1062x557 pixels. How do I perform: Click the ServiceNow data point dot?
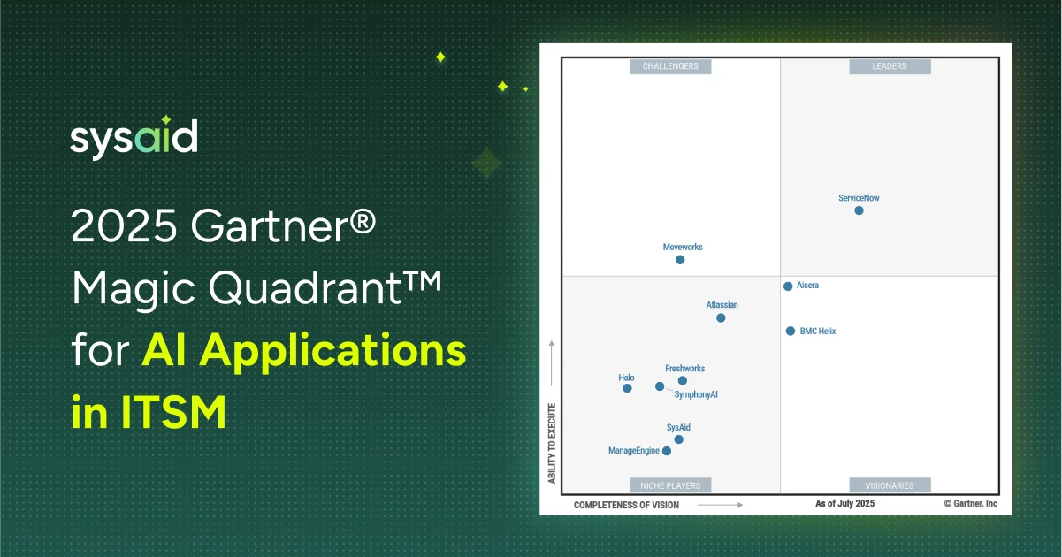[x=859, y=210]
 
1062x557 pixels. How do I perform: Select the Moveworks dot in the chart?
[x=680, y=260]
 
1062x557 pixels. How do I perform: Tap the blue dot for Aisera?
[x=788, y=286]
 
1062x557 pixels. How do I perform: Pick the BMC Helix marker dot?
[x=791, y=331]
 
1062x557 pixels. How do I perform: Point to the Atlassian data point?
[x=721, y=318]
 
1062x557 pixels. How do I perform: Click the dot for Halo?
[x=627, y=388]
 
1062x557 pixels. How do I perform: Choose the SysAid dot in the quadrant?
[x=679, y=439]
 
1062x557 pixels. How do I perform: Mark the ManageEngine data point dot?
[x=667, y=451]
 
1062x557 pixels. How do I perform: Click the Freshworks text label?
[x=684, y=369]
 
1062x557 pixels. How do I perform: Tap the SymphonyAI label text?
[x=696, y=394]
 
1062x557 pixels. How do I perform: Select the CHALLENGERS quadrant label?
[x=670, y=66]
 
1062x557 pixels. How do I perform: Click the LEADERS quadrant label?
[x=890, y=66]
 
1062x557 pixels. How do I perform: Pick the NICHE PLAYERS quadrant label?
[x=670, y=485]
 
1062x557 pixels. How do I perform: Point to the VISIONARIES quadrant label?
[x=890, y=485]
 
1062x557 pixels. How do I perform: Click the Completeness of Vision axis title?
[x=626, y=506]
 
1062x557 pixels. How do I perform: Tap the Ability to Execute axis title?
[x=552, y=443]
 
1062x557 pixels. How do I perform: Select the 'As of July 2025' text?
[x=844, y=503]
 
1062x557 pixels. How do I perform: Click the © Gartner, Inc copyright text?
[x=971, y=503]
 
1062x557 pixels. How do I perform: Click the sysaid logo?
[x=134, y=137]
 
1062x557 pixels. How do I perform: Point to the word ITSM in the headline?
[x=173, y=412]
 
